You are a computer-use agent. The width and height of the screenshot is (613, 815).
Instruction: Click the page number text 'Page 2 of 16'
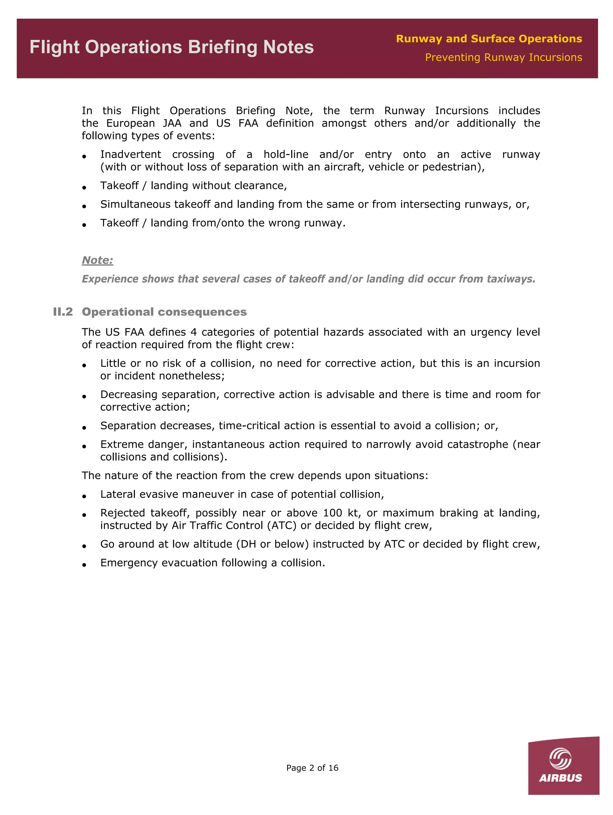[x=312, y=768]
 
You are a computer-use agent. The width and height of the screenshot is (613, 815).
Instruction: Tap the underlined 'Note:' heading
[x=97, y=260]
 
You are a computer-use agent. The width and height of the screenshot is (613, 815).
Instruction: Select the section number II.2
[x=63, y=312]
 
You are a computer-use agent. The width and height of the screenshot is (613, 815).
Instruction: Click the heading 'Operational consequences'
[x=164, y=312]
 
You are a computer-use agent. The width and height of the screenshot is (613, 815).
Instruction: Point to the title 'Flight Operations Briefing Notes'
[x=172, y=47]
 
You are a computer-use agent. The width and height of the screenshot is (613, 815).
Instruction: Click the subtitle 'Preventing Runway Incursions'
[x=503, y=57]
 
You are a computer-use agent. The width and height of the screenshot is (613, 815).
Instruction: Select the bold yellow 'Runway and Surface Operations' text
[x=489, y=39]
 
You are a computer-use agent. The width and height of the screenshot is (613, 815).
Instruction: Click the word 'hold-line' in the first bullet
[x=286, y=154]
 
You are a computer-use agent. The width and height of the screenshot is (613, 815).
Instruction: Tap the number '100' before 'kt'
[x=332, y=513]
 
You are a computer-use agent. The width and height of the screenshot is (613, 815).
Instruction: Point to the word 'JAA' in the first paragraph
[x=172, y=123]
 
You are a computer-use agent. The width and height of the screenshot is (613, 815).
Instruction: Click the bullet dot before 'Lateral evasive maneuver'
[x=84, y=496]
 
